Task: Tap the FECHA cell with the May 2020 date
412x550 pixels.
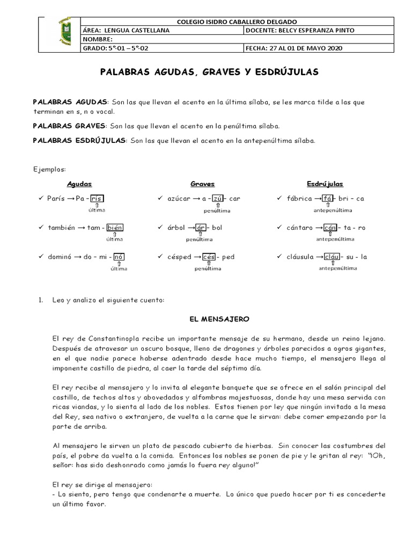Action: tap(293, 48)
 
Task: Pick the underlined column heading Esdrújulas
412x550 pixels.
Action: tap(325, 184)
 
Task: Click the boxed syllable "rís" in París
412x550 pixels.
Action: tap(97, 199)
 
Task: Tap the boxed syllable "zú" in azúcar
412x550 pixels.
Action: tap(217, 199)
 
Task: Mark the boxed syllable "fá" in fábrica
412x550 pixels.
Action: tap(327, 199)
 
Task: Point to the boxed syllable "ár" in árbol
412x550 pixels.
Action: tap(202, 228)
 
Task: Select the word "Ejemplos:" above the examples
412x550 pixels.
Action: tap(49, 169)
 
